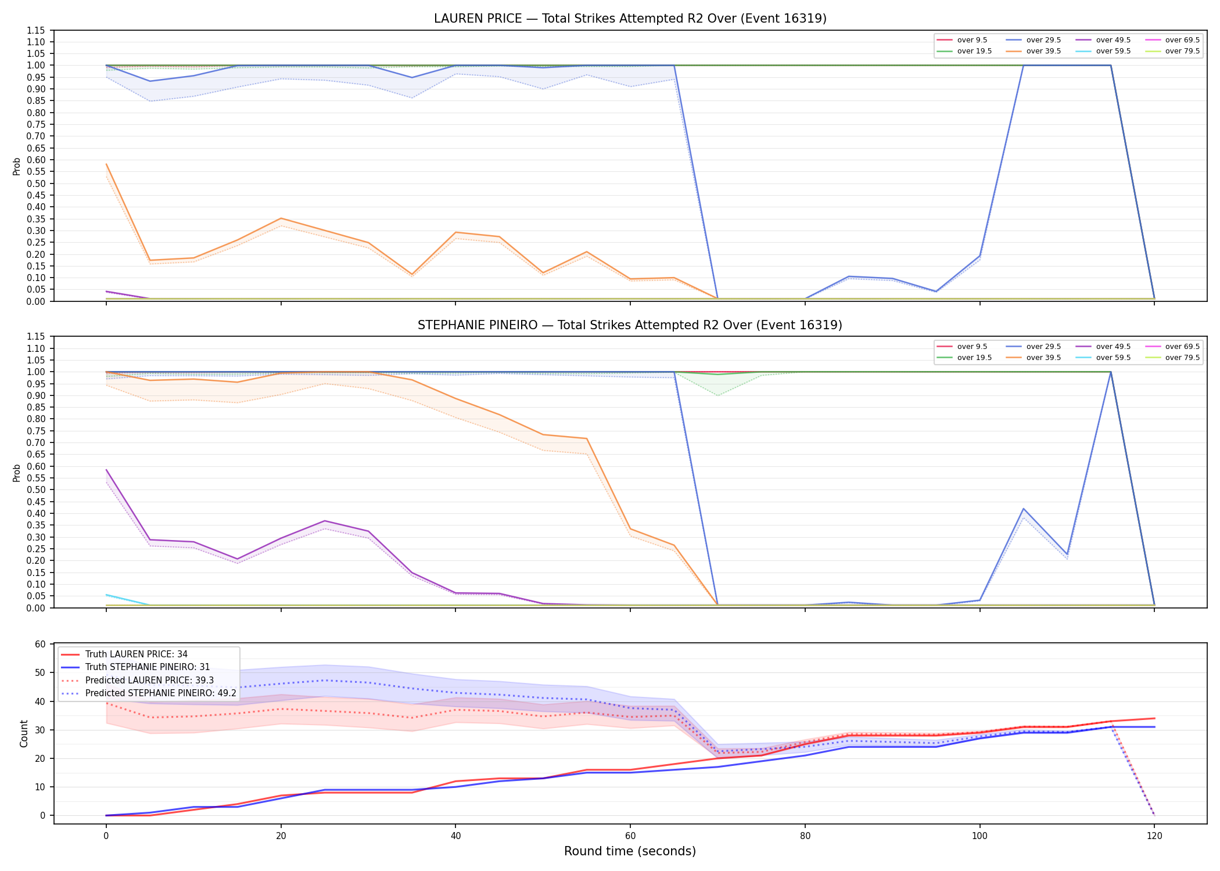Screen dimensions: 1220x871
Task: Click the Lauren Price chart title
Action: [630, 19]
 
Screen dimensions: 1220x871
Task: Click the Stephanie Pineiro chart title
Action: [630, 325]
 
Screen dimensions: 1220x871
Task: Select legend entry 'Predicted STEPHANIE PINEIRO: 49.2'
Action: [148, 693]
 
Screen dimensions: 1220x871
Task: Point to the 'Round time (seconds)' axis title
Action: [630, 851]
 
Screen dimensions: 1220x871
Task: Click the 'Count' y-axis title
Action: [24, 733]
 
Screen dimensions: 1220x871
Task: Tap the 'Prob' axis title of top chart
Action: [17, 166]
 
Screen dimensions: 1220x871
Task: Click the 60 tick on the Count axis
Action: [40, 644]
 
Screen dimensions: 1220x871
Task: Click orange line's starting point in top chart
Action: [106, 164]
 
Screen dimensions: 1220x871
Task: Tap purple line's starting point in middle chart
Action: [106, 470]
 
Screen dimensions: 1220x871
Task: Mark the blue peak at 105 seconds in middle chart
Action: [1023, 509]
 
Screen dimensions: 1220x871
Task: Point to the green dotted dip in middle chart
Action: [718, 395]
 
